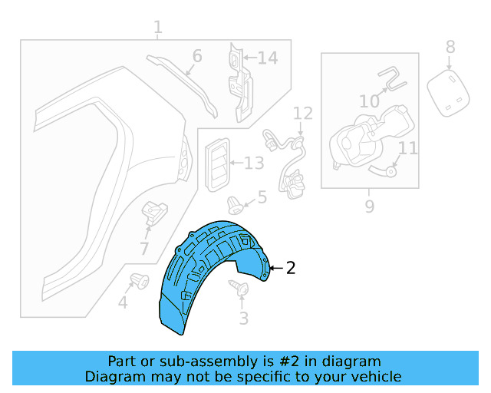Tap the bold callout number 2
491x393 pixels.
coord(291,268)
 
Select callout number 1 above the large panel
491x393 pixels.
coord(158,28)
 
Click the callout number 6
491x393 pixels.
coord(197,56)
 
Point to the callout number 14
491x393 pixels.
coord(268,58)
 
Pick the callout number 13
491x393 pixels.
coord(254,163)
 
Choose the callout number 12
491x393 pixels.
coord(303,114)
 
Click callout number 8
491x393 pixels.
coord(450,47)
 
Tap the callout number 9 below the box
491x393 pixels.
coord(370,206)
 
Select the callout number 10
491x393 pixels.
coord(370,101)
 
